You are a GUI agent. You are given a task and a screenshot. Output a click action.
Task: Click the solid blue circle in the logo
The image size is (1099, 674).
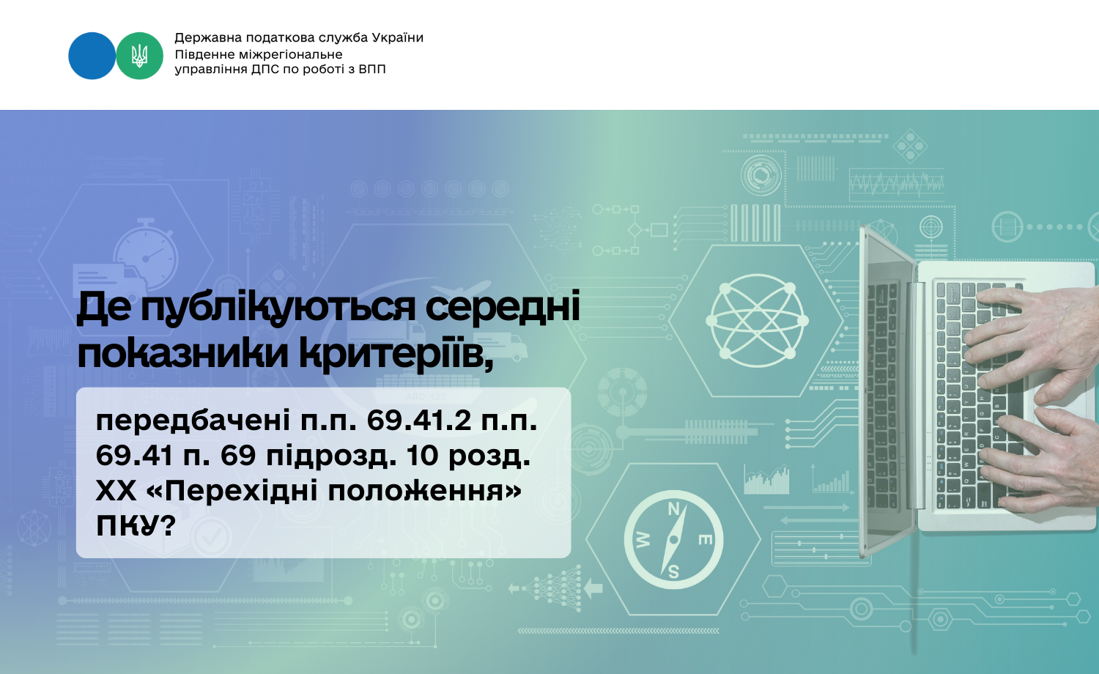pos(92,56)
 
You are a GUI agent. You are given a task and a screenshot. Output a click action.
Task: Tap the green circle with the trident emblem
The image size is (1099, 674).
pos(139,56)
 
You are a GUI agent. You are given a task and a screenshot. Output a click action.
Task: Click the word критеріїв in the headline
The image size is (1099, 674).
pos(396,354)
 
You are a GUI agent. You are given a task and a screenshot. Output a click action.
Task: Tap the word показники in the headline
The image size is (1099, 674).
pos(182,354)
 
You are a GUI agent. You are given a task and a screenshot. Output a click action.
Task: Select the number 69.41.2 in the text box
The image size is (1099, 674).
pos(419,421)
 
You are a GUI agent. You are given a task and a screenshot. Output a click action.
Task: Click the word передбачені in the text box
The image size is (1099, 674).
pos(193,421)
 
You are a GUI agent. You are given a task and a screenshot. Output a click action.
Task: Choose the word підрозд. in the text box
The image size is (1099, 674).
pos(331,456)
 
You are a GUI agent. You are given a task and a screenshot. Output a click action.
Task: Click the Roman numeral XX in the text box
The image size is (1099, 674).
pos(116,491)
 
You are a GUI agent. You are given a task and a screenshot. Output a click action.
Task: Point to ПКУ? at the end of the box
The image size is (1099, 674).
pos(136,526)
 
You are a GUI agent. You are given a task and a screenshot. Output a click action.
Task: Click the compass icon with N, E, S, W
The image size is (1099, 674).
pos(673,540)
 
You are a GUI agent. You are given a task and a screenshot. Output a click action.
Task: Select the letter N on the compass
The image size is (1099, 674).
pos(674,509)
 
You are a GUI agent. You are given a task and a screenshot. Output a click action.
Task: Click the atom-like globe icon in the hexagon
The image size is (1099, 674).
pos(757,320)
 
